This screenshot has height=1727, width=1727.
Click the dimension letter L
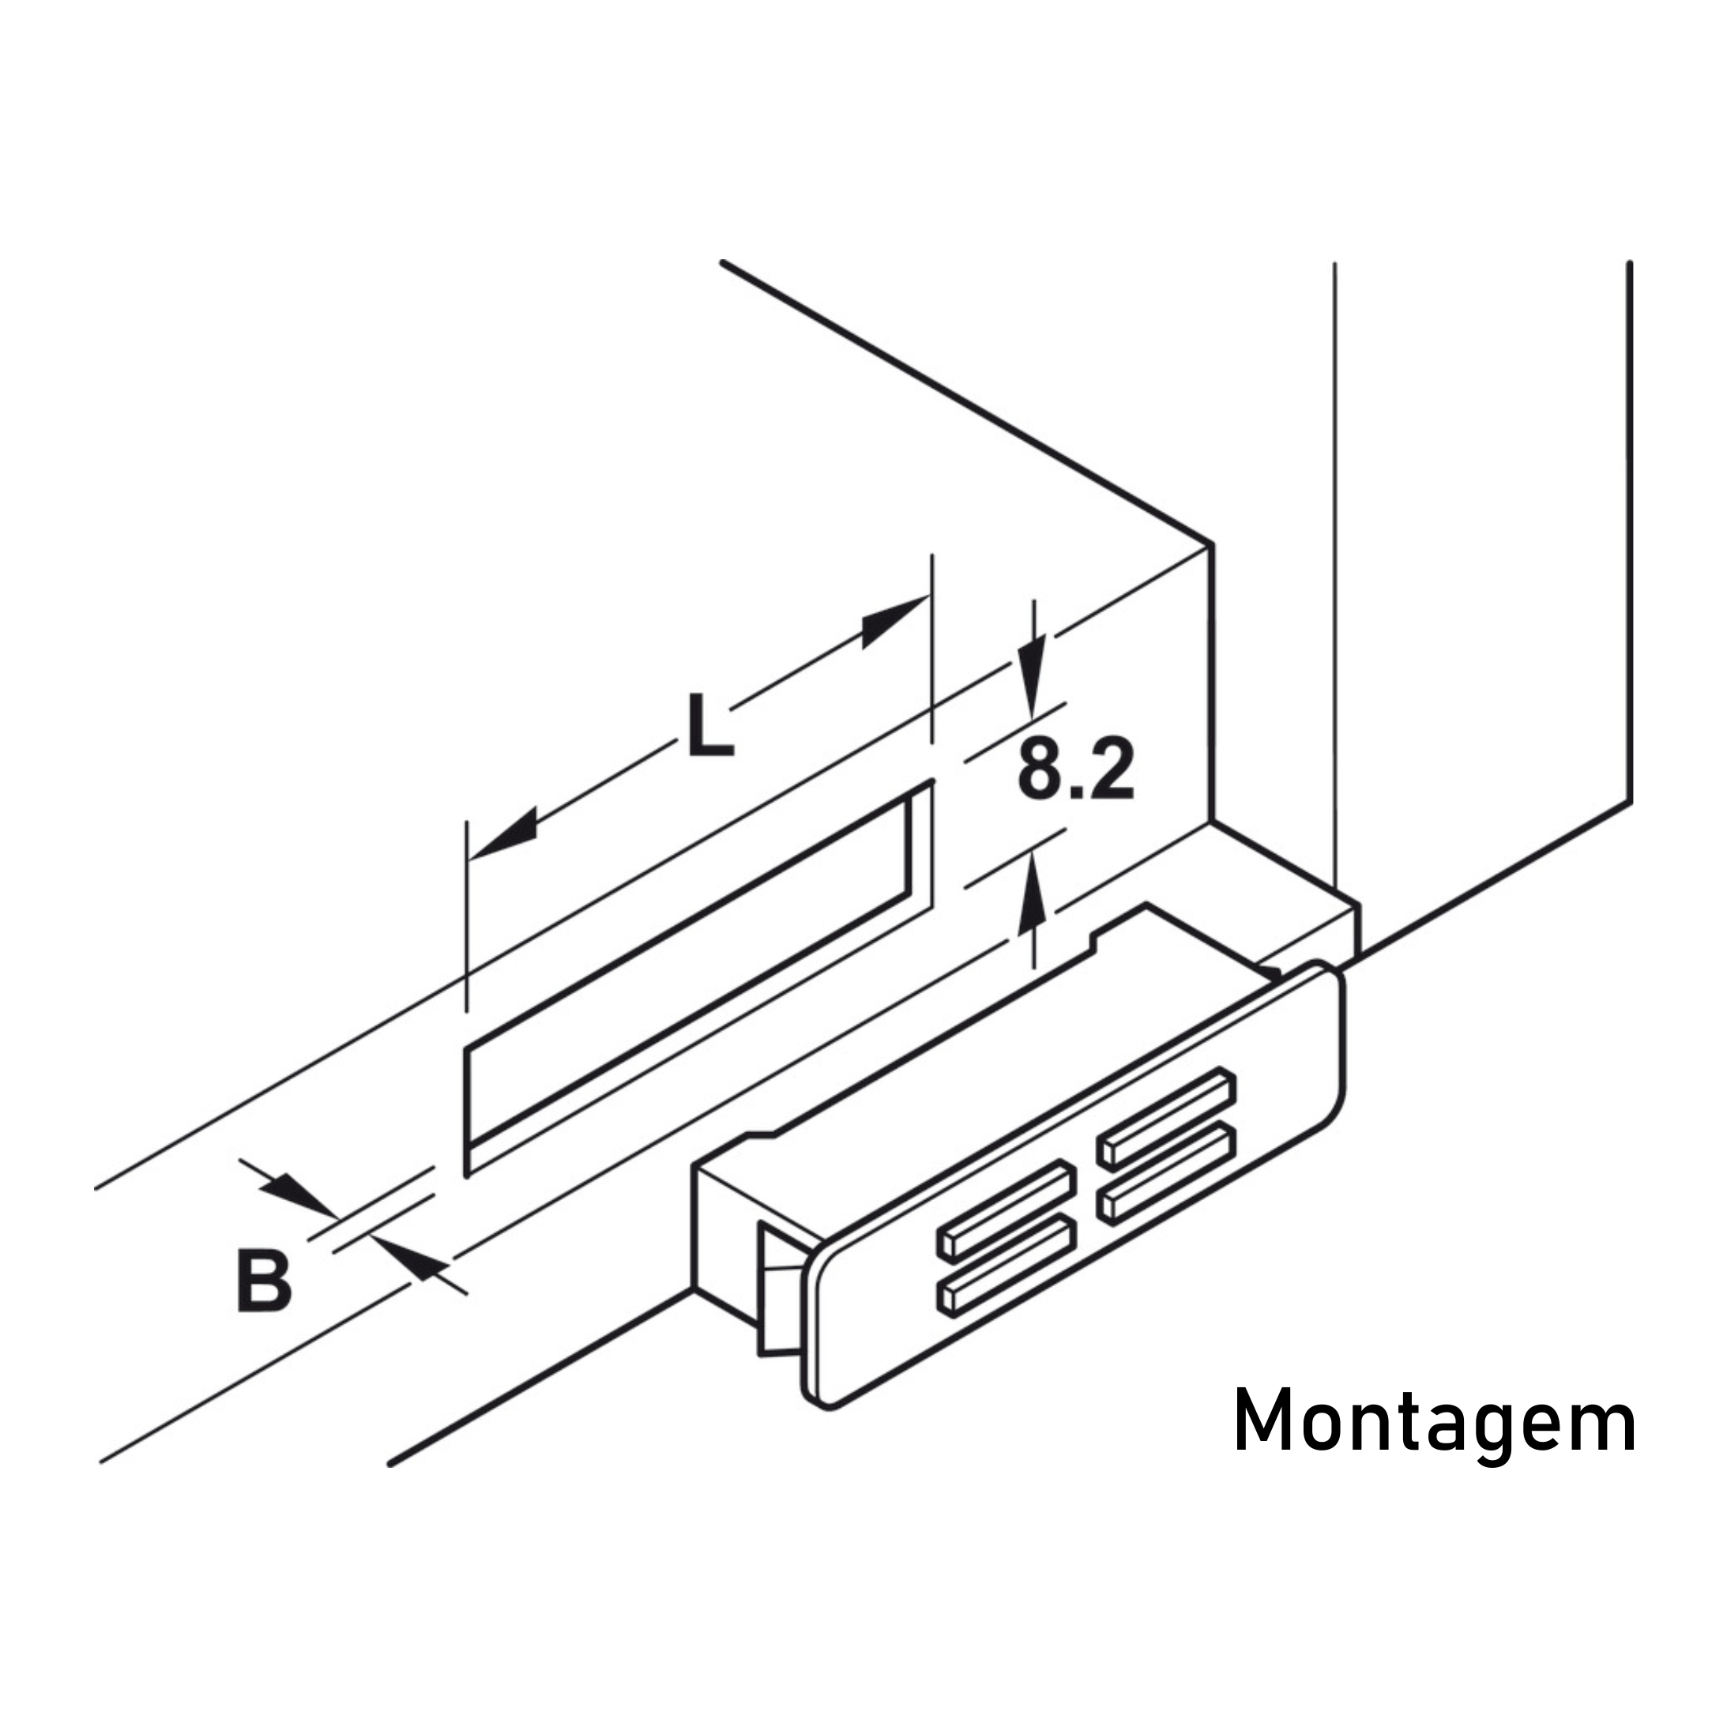(x=711, y=725)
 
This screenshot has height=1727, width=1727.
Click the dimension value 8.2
(x=1076, y=769)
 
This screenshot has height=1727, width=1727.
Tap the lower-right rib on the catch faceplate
(x=1168, y=1174)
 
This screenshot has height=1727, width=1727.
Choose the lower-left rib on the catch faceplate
(x=1006, y=1266)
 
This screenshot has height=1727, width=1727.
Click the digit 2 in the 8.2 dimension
(x=1114, y=769)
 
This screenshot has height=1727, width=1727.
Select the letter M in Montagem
(x=1262, y=1421)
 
